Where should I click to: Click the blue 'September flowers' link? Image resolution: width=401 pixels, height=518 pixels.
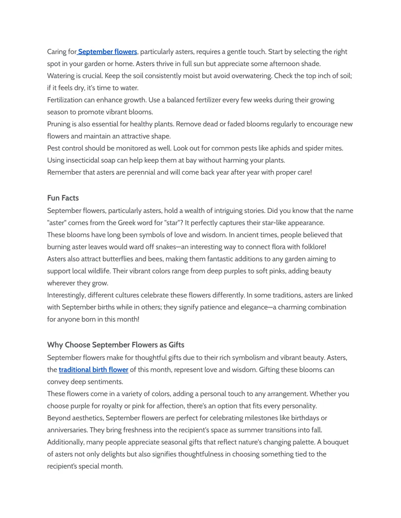[x=107, y=52]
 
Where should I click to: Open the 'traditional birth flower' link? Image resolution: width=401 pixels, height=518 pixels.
[x=94, y=369]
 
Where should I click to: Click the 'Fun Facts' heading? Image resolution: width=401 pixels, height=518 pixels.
[x=63, y=198]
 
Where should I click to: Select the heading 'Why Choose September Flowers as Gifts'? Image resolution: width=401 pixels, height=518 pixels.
[x=116, y=345]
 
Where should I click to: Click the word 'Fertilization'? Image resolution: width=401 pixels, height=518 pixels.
[x=65, y=100]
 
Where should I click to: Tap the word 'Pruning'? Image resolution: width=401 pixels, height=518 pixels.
[x=58, y=124]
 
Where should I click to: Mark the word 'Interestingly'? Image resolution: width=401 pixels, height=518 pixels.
[x=66, y=295]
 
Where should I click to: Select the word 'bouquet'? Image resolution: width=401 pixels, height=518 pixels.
[x=336, y=442]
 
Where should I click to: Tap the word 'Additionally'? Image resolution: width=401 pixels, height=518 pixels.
[x=66, y=442]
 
